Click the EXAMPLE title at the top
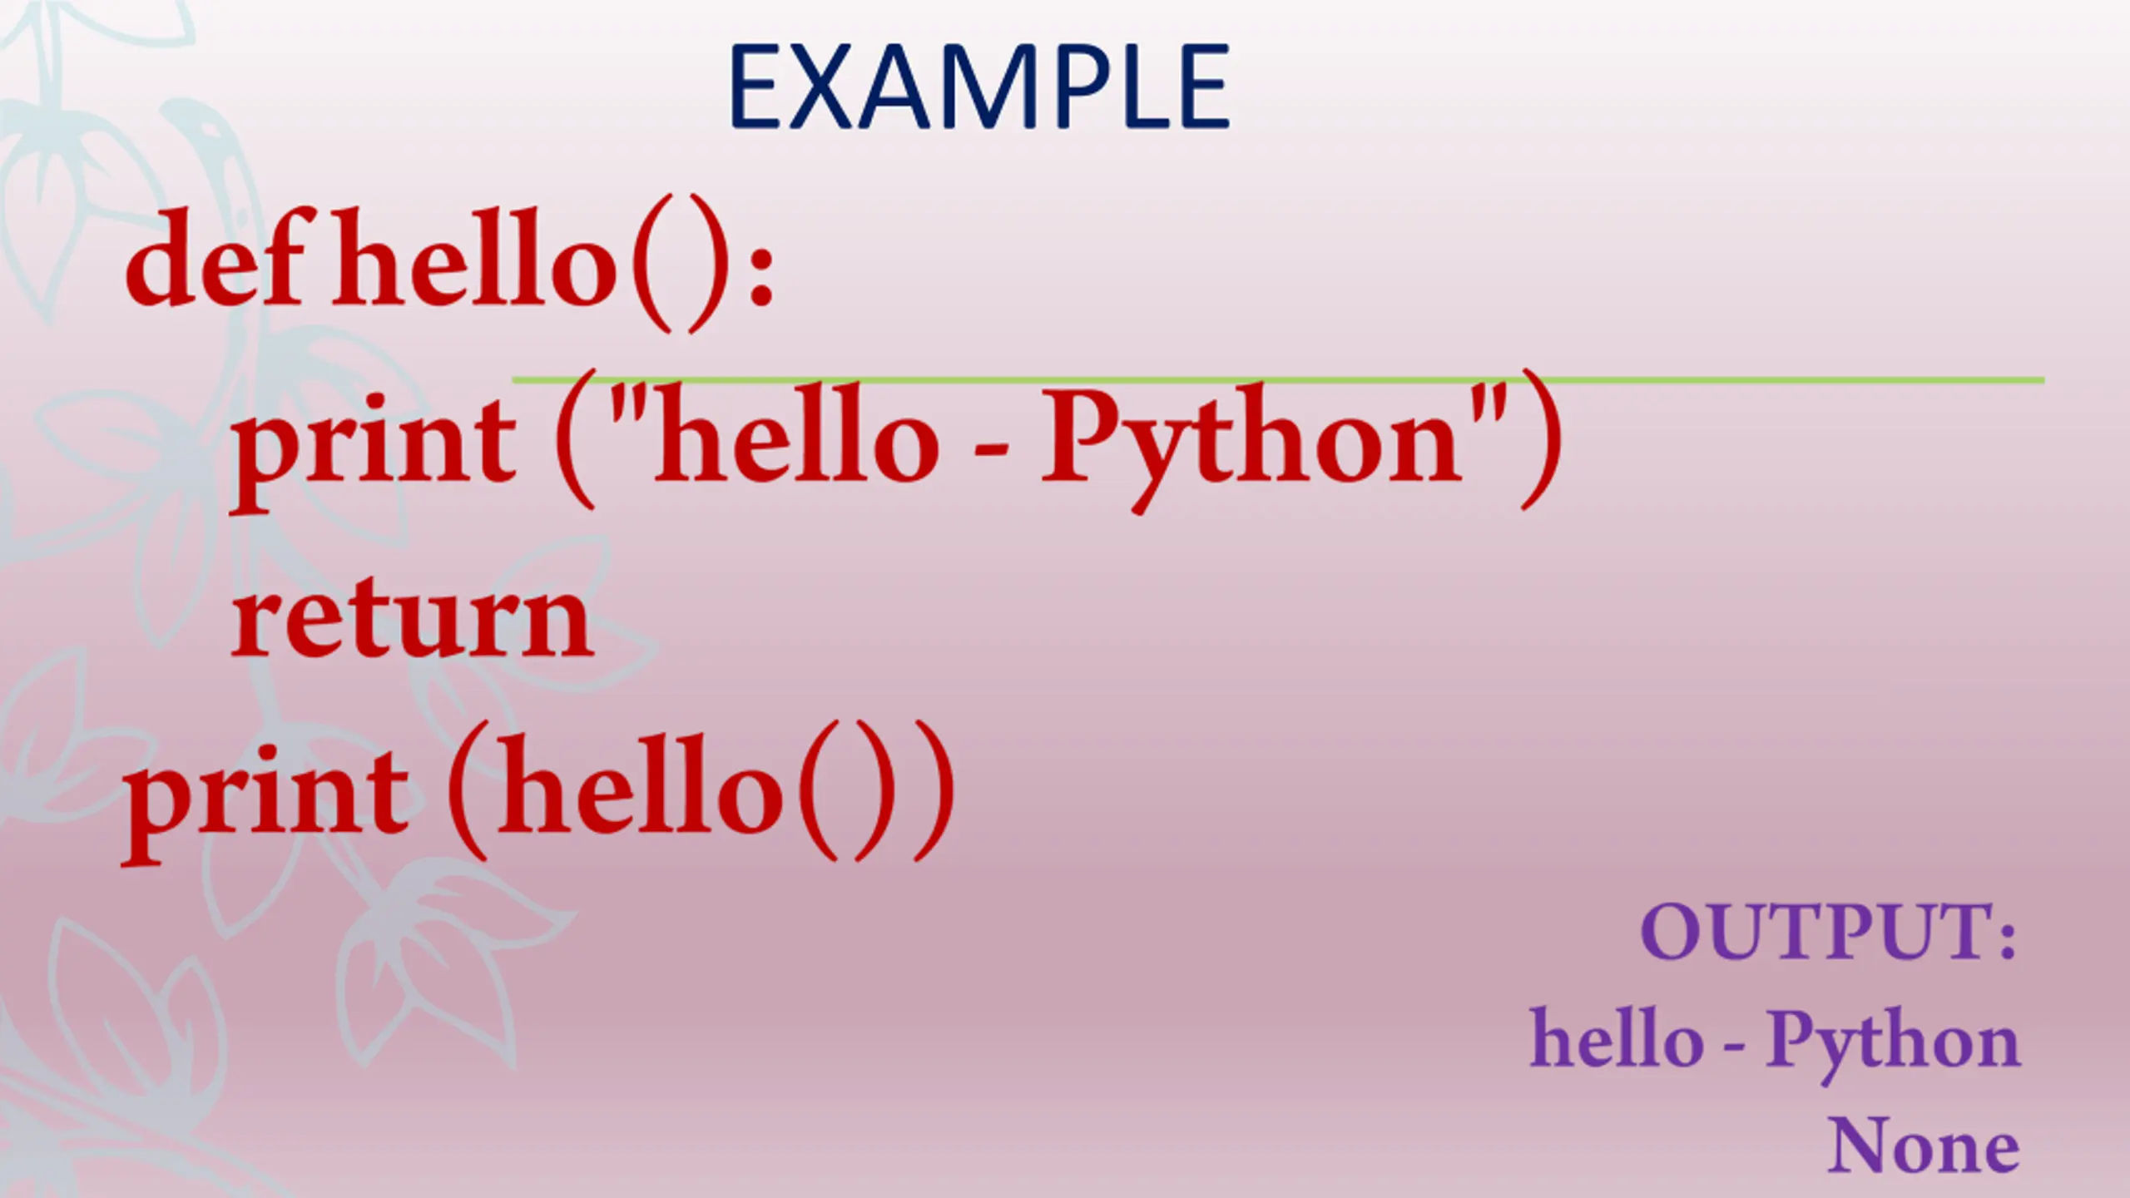tap(979, 87)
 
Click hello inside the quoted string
tap(797, 437)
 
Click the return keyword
tap(412, 620)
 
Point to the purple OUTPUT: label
tap(1830, 932)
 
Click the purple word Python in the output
tap(1893, 1045)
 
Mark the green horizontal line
tap(1278, 380)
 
